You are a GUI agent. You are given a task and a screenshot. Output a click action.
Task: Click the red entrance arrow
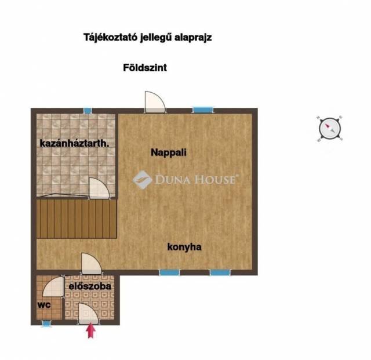point(90,331)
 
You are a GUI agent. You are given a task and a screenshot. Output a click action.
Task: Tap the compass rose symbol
point(330,129)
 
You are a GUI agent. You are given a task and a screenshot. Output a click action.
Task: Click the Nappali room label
point(169,152)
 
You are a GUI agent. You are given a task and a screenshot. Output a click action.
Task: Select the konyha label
point(184,247)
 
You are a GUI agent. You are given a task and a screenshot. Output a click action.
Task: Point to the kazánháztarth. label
point(75,143)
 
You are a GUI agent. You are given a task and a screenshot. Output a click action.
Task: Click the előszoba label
point(90,286)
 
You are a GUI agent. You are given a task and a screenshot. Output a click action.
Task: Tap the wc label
point(44,305)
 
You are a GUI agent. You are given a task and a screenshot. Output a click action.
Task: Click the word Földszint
point(145,68)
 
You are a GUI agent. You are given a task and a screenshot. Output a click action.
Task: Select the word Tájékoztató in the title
point(111,38)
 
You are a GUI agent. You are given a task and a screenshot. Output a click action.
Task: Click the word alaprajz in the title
point(193,38)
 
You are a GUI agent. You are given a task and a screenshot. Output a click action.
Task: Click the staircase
point(77,219)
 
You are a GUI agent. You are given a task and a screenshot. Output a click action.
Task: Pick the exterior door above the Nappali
point(155,102)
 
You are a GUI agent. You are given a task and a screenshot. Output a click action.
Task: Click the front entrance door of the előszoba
point(88,314)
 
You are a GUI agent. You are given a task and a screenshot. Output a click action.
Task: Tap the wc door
point(53,286)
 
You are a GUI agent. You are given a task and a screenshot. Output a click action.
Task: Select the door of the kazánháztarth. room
point(99,188)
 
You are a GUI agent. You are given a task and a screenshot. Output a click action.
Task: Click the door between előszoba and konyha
point(92,264)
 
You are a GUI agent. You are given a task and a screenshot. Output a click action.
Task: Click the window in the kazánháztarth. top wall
point(88,111)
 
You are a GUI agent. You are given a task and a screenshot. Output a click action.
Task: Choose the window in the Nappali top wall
point(203,110)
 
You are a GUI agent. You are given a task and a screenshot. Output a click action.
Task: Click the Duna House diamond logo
point(142,180)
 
